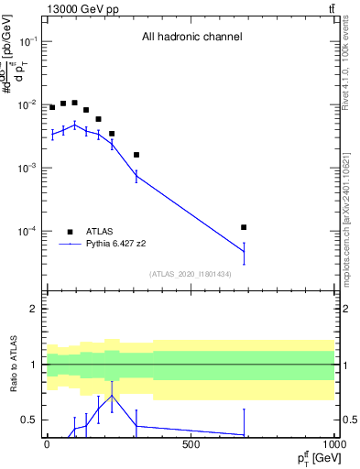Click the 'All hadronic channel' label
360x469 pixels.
(191, 37)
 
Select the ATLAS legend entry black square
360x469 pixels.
(70, 232)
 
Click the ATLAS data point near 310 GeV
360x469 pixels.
(136, 155)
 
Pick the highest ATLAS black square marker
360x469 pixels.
(74, 103)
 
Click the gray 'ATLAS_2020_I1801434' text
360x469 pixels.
(191, 274)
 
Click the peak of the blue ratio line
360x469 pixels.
(112, 396)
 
